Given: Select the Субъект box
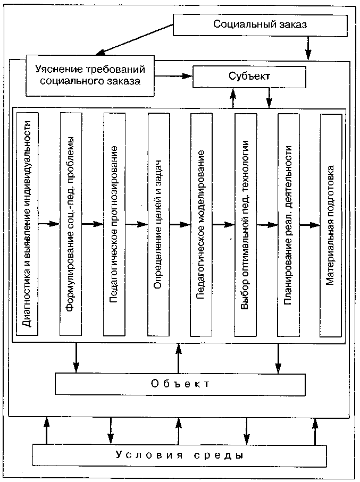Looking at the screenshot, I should point(249,77).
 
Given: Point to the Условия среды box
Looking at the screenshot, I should point(180,455).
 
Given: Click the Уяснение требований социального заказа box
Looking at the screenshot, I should point(90,75).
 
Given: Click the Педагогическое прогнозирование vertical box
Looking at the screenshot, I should point(114,224).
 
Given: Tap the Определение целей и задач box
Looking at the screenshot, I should point(157,224).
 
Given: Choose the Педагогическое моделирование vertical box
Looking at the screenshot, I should point(200,224).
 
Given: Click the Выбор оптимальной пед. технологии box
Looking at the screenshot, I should point(245,224).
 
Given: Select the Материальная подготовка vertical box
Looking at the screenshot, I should point(330,224).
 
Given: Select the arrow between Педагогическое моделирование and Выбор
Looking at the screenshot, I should point(223,224).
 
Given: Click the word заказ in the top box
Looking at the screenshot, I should point(291,25).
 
